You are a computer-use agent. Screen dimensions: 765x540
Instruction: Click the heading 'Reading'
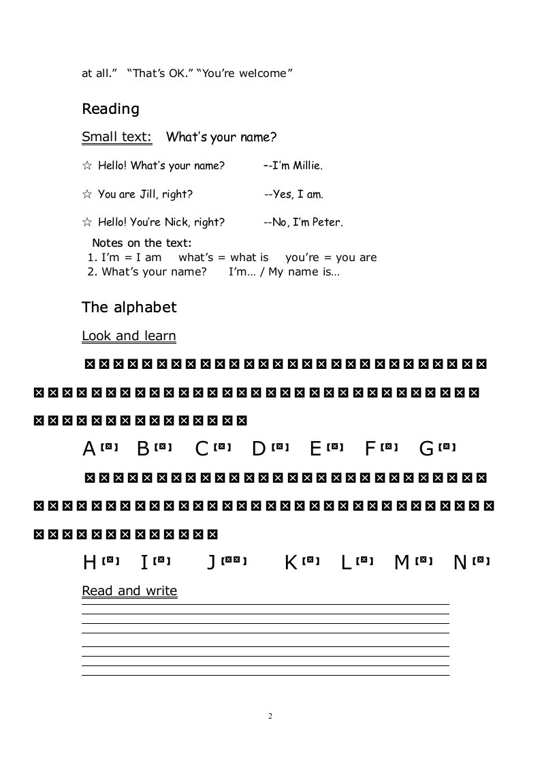tap(110, 109)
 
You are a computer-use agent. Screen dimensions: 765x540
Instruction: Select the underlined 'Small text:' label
tap(116, 137)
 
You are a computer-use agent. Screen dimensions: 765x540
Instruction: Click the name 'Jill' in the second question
tap(148, 194)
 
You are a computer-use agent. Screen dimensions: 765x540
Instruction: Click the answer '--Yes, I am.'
tap(293, 194)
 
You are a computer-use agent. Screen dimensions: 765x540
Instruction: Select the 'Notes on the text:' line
tap(142, 243)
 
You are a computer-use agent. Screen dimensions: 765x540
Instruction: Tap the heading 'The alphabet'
tap(129, 307)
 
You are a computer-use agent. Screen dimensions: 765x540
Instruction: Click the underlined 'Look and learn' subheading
tap(129, 336)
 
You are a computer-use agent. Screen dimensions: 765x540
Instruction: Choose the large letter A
tap(89, 449)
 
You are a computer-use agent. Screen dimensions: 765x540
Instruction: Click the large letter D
tap(259, 449)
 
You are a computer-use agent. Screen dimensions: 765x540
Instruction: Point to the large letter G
tap(427, 449)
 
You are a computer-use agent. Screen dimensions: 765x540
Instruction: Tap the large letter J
tap(212, 562)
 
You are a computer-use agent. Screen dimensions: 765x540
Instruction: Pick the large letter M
tap(402, 562)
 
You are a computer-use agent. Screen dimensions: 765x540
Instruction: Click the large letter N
tap(460, 562)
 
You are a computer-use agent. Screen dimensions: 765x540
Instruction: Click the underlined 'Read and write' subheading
tap(129, 591)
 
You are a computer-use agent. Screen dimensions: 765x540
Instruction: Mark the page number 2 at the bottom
tap(270, 716)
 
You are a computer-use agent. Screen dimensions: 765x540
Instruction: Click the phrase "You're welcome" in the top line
tap(244, 73)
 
